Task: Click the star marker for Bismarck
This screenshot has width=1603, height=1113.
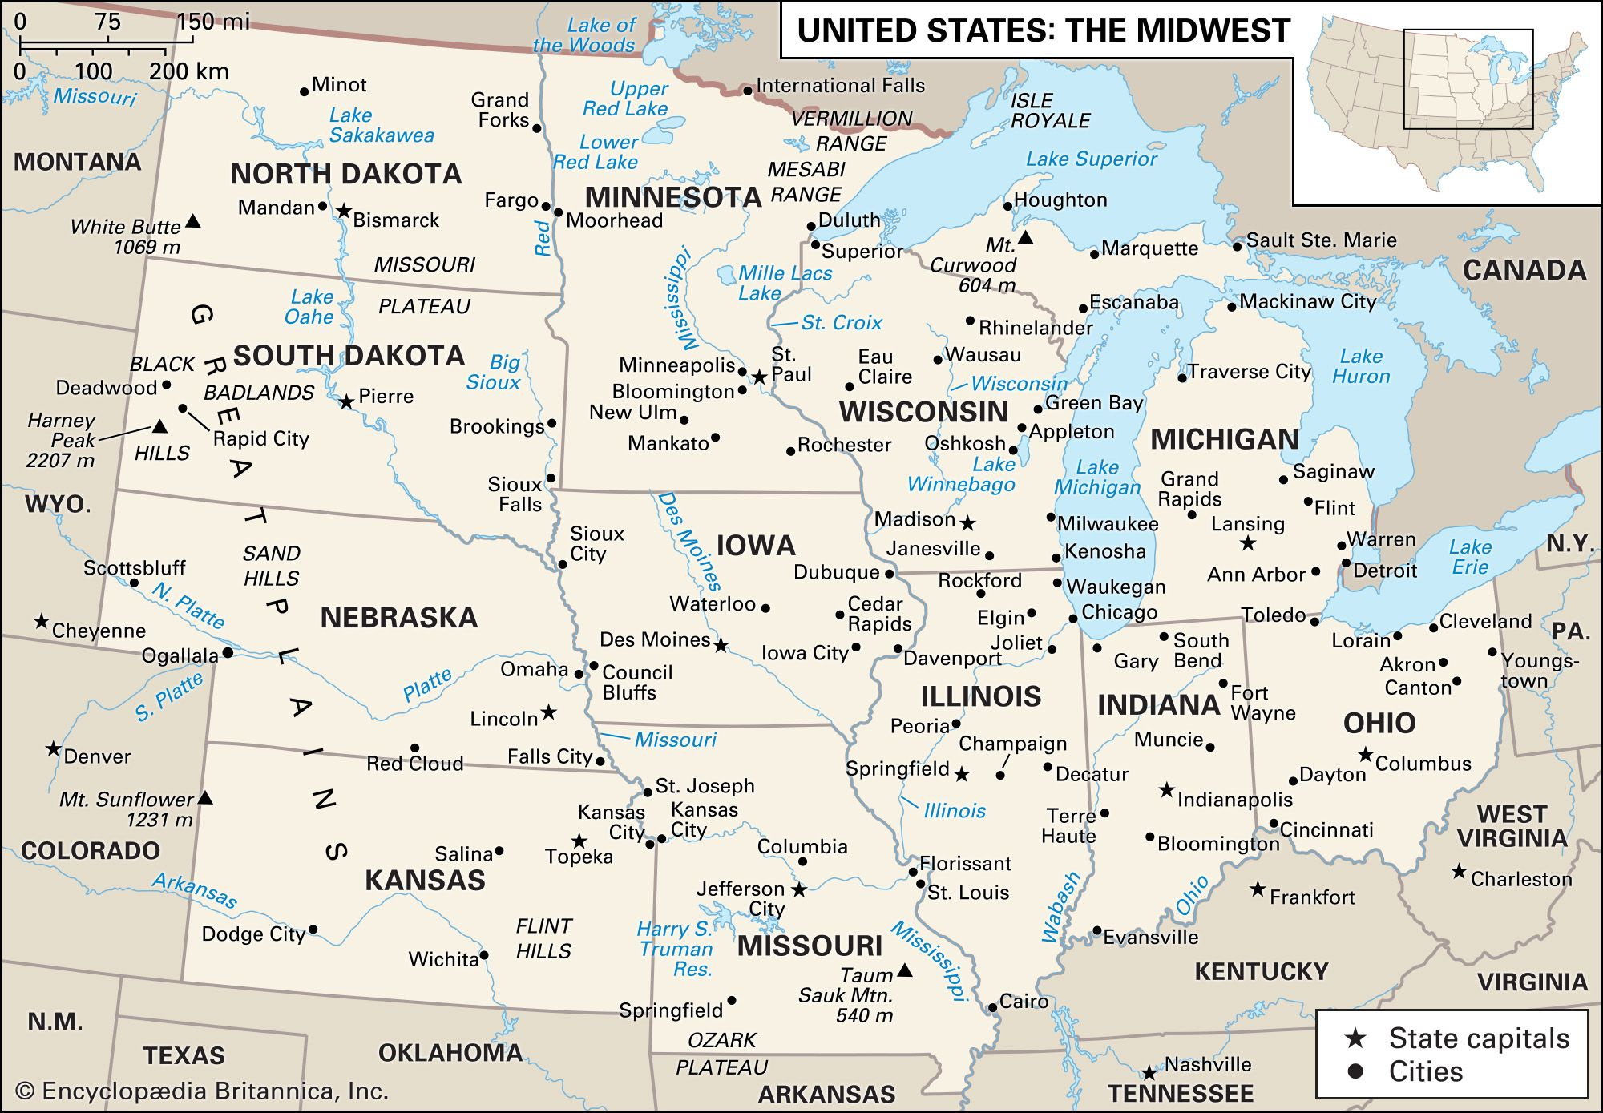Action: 343,212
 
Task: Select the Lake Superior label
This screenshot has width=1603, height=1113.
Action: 1091,159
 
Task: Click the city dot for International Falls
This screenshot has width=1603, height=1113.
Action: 747,91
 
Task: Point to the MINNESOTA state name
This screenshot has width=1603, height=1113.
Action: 672,196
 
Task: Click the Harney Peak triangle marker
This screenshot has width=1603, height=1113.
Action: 159,426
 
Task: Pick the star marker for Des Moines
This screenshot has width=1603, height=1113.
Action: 721,645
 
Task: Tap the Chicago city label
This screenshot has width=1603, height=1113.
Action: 1119,612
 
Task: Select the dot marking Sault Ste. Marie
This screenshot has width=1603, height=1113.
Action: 1237,246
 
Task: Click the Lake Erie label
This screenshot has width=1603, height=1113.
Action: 1470,557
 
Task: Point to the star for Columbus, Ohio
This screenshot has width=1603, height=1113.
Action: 1365,755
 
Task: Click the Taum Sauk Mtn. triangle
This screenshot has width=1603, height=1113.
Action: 904,971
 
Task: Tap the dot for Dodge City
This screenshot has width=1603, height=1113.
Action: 313,930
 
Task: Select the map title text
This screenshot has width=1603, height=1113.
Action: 1043,30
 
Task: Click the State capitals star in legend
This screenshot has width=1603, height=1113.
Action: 1355,1038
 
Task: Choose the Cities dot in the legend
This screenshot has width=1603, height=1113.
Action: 1355,1071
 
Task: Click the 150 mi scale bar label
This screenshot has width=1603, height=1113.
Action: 213,21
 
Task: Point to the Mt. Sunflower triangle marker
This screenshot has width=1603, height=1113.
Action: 205,797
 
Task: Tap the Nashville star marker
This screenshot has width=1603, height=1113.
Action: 1149,1072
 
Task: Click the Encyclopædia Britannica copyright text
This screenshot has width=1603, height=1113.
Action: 202,1091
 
